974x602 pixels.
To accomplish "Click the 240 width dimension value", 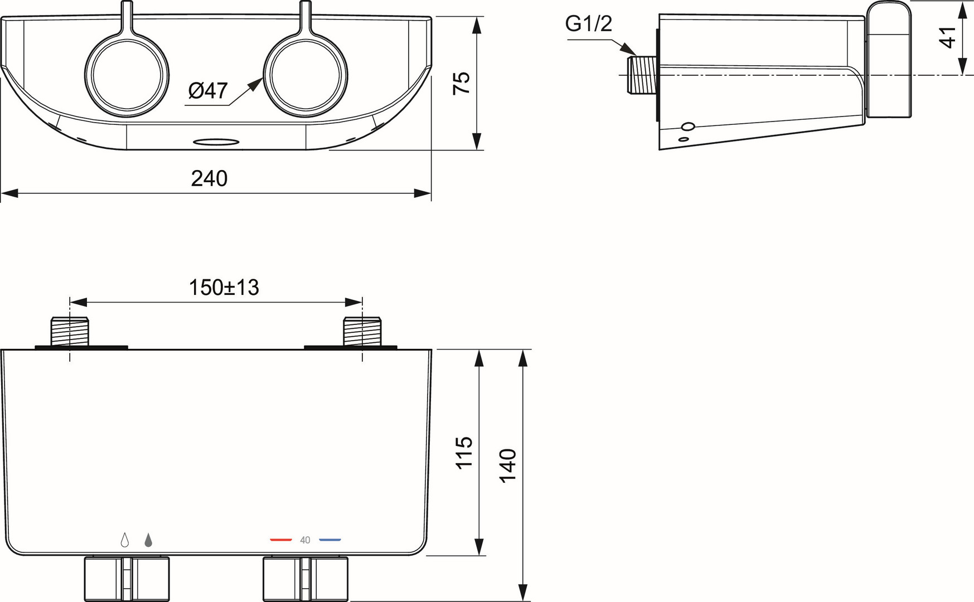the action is [209, 178].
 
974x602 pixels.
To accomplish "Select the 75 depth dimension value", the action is [462, 82].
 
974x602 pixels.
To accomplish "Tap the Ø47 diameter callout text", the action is [208, 90].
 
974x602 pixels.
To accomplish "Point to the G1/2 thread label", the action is [588, 23].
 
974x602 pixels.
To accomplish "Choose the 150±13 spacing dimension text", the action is [224, 288].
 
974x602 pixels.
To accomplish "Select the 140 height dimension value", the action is [508, 465].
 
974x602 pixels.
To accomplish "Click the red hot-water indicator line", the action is [281, 540].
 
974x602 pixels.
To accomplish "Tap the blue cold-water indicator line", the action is [330, 540].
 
